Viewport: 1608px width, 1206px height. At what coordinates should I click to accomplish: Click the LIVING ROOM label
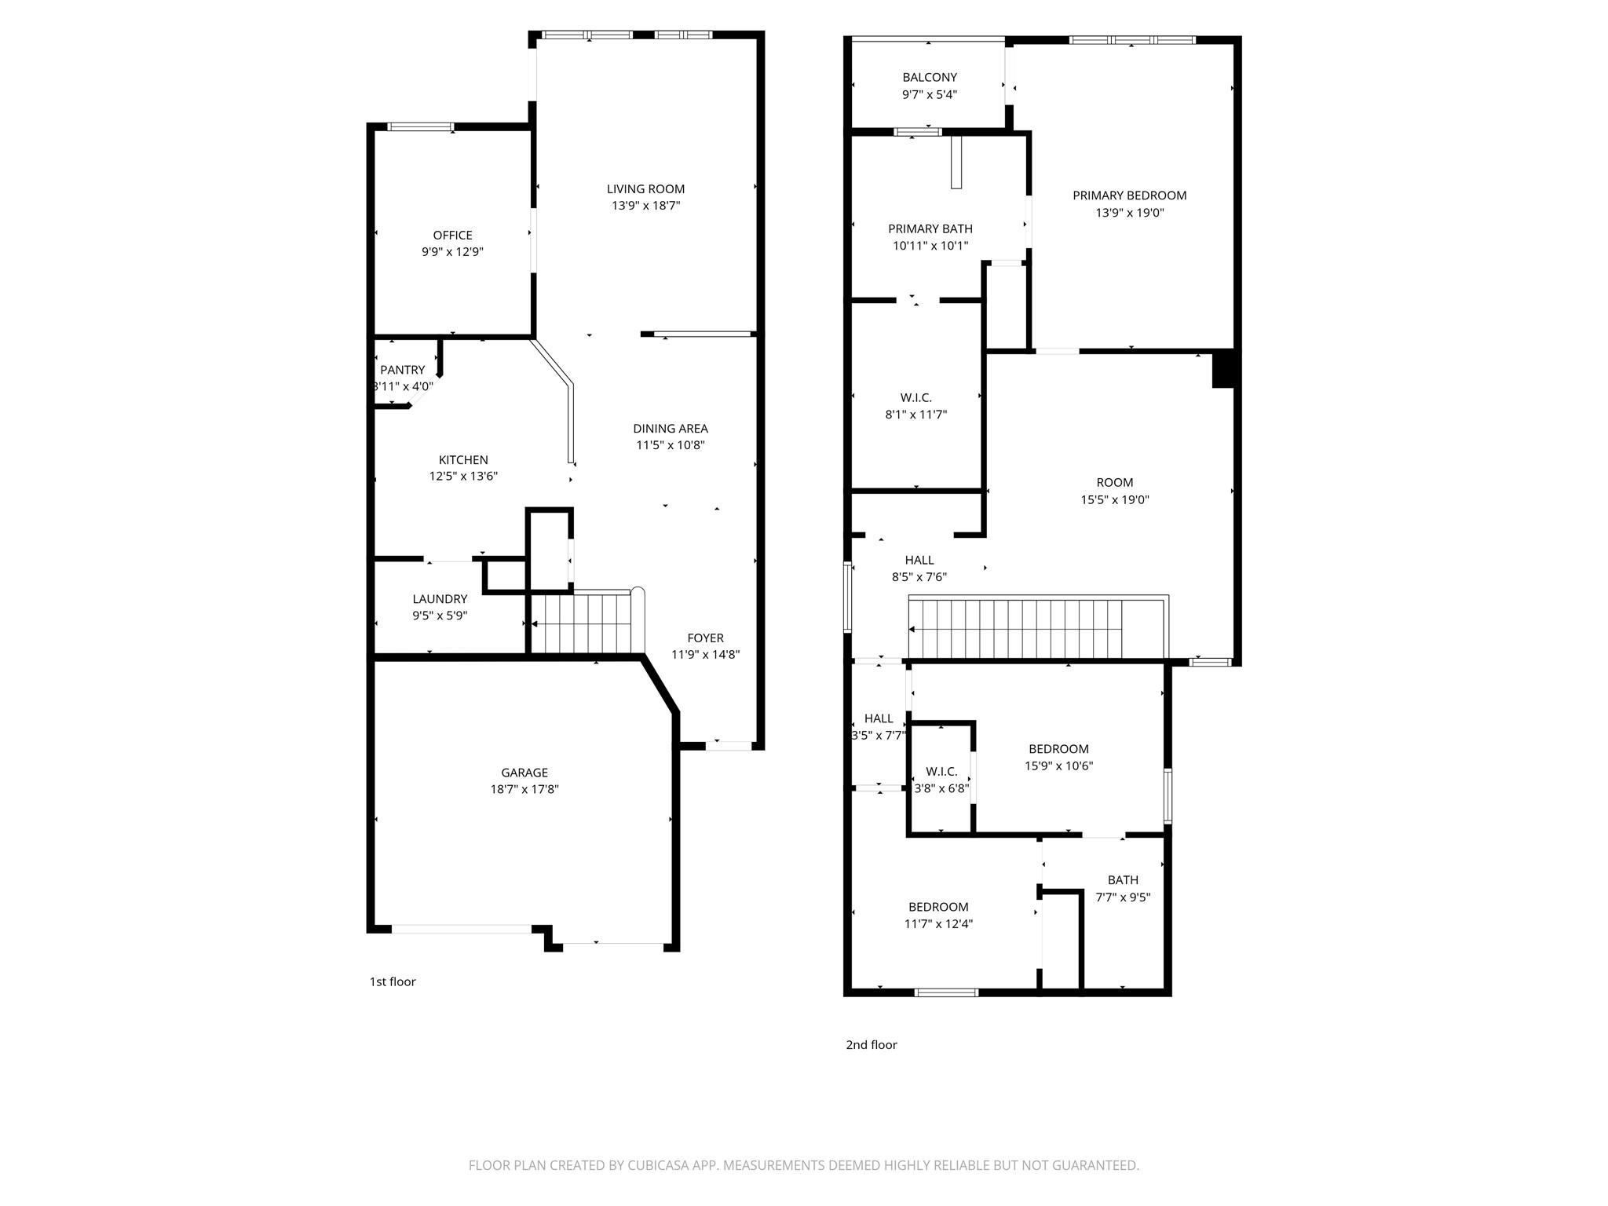[645, 188]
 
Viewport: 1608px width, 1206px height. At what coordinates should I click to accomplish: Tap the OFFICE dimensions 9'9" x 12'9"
[452, 252]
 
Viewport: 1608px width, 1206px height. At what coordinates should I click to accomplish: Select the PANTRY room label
[402, 370]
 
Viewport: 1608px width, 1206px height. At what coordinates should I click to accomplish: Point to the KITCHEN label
[463, 460]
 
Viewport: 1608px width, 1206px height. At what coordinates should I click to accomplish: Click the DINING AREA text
[671, 429]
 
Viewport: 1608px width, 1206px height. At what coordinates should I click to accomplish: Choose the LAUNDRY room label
[440, 599]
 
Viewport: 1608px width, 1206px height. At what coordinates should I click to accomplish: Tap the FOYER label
[705, 638]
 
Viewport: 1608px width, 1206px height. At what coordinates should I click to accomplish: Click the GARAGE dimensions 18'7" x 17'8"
[524, 790]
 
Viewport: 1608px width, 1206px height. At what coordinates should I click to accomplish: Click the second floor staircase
[1036, 628]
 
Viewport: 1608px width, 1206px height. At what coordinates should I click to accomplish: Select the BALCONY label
[930, 77]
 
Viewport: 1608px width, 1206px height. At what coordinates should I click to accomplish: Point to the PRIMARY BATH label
[930, 228]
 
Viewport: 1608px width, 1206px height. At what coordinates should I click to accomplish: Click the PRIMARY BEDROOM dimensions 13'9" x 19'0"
[1130, 213]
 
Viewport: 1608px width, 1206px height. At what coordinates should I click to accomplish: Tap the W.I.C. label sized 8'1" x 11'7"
[916, 398]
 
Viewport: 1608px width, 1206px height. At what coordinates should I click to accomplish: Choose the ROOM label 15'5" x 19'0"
[1115, 483]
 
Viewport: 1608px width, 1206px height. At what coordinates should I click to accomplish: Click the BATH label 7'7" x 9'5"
[1123, 880]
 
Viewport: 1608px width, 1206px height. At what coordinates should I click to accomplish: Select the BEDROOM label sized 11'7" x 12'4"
[938, 907]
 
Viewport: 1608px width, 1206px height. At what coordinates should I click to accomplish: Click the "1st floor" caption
[393, 981]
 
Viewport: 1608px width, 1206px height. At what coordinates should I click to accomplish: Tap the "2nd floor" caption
[872, 1044]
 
